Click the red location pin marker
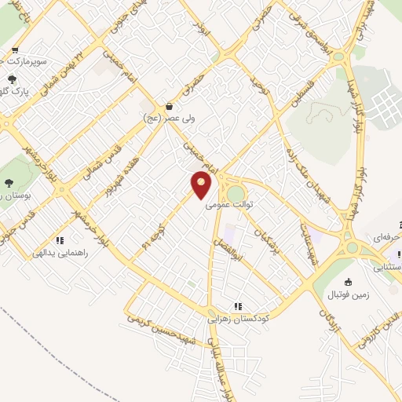203,186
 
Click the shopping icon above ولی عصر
169,106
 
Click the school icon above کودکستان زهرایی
237,306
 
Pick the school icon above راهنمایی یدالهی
60,240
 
